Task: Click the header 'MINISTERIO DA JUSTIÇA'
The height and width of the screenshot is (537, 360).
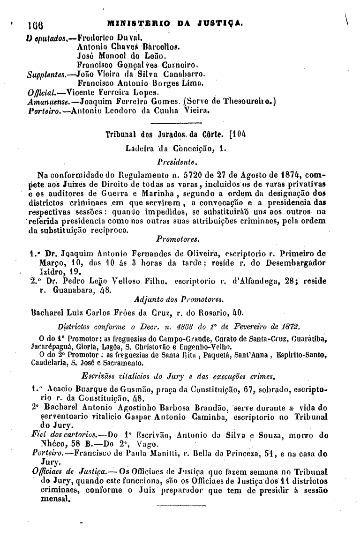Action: pos(174,22)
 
